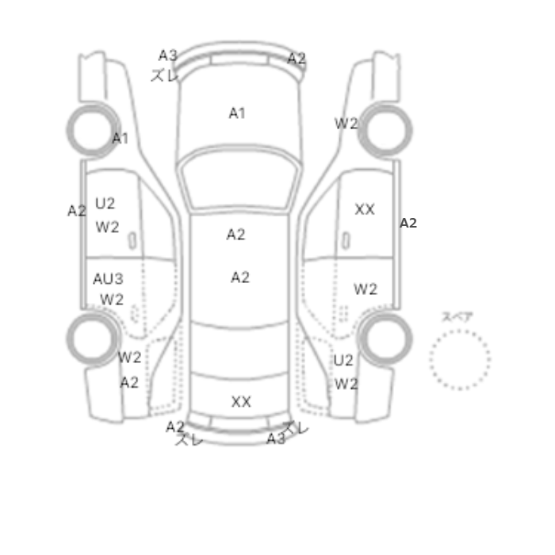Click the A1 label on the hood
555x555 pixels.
pyautogui.click(x=237, y=113)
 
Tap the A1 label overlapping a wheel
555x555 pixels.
pyautogui.click(x=120, y=138)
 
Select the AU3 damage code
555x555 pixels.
pyautogui.click(x=108, y=279)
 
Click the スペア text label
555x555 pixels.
pyautogui.click(x=457, y=316)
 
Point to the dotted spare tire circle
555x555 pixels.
pyautogui.click(x=460, y=331)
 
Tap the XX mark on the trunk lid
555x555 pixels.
pyautogui.click(x=241, y=402)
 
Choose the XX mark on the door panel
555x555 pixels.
pyautogui.click(x=365, y=209)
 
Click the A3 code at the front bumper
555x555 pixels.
pyautogui.click(x=168, y=55)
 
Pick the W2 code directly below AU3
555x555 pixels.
pyautogui.click(x=112, y=300)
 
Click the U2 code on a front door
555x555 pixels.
pyautogui.click(x=105, y=203)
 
